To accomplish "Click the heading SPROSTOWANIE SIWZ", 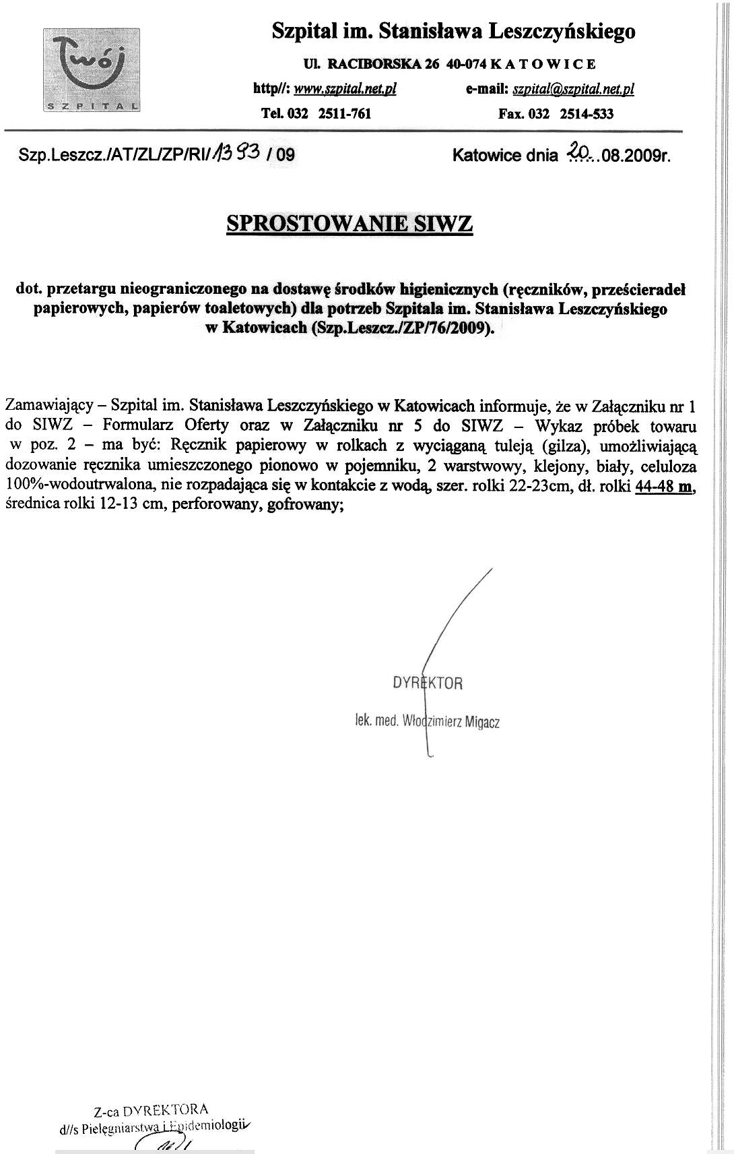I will [350, 223].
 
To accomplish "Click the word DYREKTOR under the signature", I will [428, 683].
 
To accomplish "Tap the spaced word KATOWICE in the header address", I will [543, 65].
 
